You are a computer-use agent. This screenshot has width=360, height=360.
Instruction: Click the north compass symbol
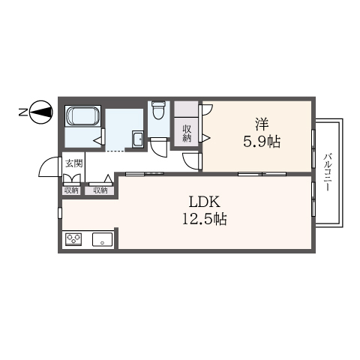[x=41, y=112]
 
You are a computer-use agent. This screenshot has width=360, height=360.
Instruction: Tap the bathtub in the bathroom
[x=82, y=116]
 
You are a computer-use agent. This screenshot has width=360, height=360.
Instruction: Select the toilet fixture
[x=158, y=110]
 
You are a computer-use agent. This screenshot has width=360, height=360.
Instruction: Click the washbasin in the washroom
[x=138, y=139]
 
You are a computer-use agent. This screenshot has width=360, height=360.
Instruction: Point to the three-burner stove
[x=73, y=239]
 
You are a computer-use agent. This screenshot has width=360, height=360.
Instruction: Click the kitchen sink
[x=103, y=239]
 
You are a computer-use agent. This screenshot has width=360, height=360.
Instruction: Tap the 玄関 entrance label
[x=73, y=163]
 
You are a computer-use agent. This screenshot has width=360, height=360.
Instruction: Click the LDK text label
[x=205, y=202]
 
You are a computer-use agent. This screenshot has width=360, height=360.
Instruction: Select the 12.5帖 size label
[x=205, y=219]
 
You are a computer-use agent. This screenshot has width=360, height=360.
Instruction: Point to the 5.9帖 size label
[x=262, y=141]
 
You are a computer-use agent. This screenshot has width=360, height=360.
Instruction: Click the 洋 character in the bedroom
[x=262, y=124]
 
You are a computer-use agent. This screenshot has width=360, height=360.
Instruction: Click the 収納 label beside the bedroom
[x=187, y=133]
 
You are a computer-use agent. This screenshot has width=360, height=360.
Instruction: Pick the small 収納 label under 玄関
[x=71, y=190]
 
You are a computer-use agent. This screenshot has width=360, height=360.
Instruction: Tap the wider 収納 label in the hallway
[x=100, y=190]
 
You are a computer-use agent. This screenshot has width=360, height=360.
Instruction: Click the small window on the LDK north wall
[x=60, y=213]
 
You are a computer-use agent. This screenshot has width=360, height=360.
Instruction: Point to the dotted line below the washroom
[x=115, y=151]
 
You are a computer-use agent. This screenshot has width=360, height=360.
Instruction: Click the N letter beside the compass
[x=23, y=112]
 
